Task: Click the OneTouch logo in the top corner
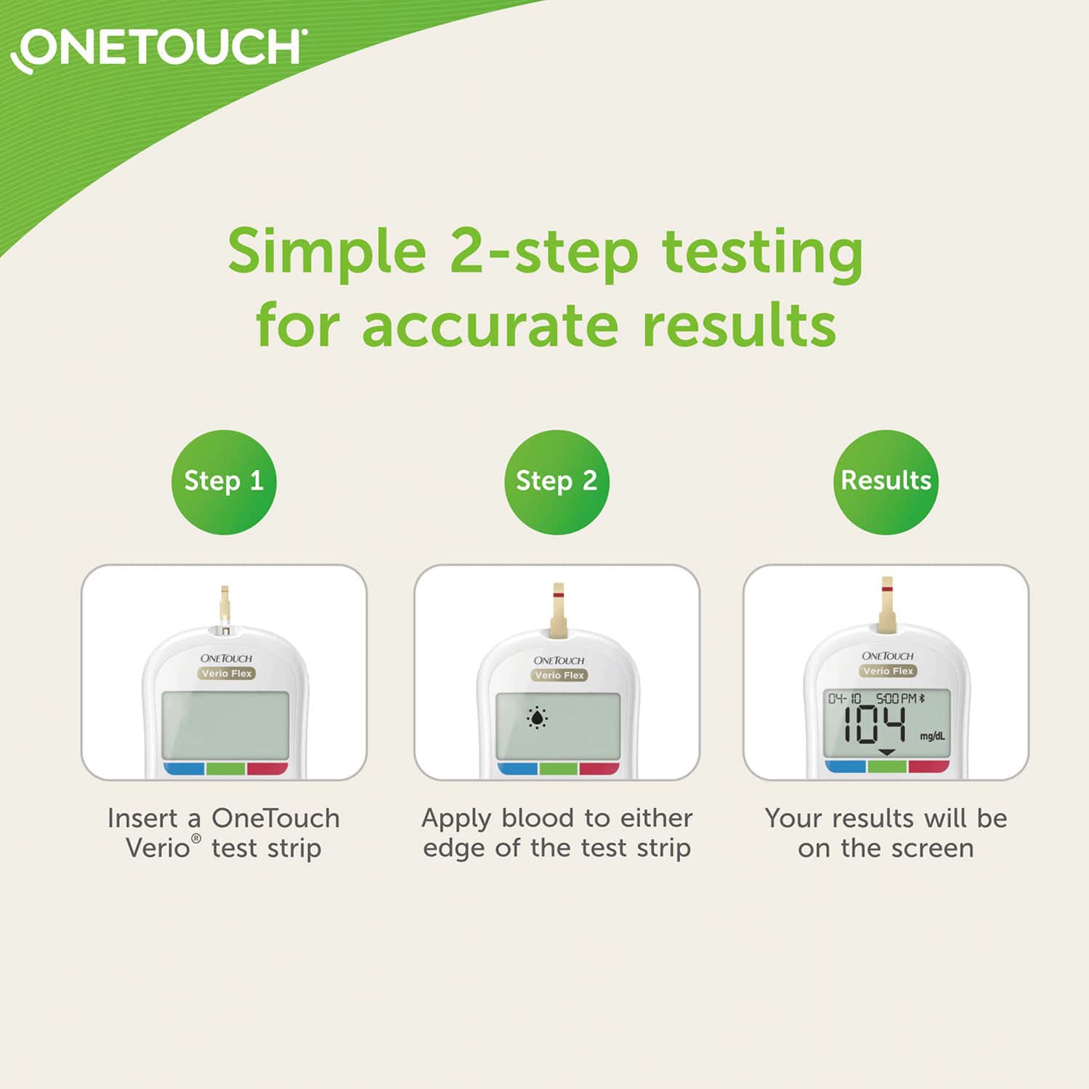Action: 158,49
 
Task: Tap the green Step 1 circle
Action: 224,482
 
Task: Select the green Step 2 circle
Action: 556,482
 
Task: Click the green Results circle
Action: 885,482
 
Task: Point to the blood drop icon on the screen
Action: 537,718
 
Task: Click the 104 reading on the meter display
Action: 873,726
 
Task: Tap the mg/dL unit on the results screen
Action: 932,736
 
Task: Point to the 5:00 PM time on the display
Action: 896,698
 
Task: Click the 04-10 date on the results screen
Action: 844,698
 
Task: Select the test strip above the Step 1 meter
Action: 225,604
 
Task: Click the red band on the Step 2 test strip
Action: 558,595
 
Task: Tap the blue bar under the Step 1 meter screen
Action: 184,769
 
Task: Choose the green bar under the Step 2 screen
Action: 558,769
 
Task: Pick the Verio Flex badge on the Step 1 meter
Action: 227,673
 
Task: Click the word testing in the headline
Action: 762,251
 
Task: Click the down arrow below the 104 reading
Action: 886,752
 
